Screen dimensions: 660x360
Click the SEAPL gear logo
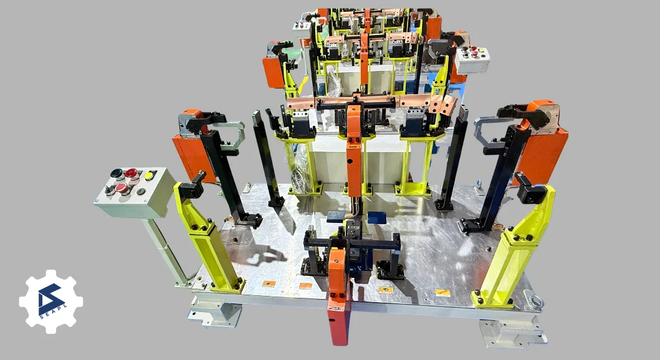(51, 301)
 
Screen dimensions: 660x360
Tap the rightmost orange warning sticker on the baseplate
(442, 292)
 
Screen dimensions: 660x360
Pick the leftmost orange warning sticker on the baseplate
(269, 283)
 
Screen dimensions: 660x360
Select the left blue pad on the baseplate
(338, 216)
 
